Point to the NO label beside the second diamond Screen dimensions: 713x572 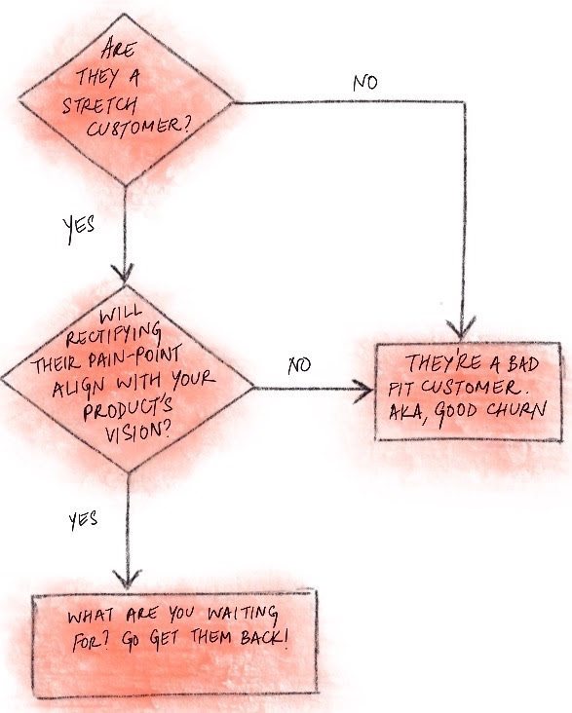click(x=299, y=366)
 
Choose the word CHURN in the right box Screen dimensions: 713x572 click(x=513, y=410)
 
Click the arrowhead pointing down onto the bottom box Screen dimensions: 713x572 click(x=124, y=578)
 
